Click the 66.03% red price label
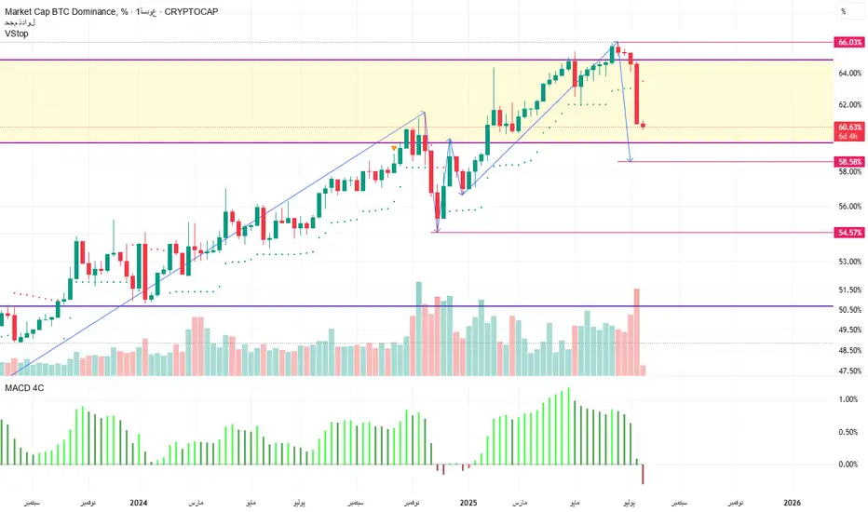[x=848, y=42]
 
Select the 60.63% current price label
[x=848, y=127]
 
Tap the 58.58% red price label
[x=848, y=161]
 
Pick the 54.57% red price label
[x=848, y=232]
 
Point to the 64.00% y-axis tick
[x=848, y=73]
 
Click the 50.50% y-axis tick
[x=848, y=309]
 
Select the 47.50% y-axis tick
[x=848, y=371]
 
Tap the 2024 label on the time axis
[x=139, y=503]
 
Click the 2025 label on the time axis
[x=468, y=503]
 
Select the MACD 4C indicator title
[x=24, y=386]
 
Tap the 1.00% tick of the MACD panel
[x=848, y=399]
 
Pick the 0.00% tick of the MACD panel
[x=848, y=464]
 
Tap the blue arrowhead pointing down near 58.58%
[x=631, y=159]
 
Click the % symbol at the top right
[x=843, y=11]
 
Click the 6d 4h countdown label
[x=848, y=137]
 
